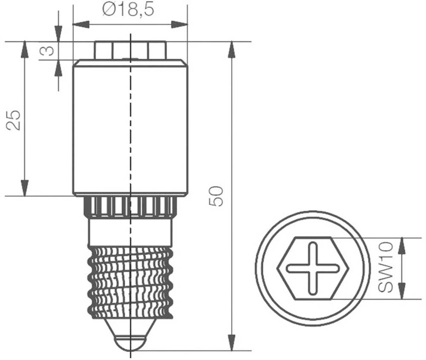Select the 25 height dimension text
(14, 120)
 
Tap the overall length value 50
(217, 196)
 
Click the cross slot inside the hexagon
(313, 268)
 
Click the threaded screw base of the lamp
(130, 281)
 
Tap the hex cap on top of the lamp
(130, 50)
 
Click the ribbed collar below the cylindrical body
(130, 207)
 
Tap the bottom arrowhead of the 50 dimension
(232, 343)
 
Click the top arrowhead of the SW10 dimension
(401, 245)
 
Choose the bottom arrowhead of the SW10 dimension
(401, 292)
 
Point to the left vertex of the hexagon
(278, 268)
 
